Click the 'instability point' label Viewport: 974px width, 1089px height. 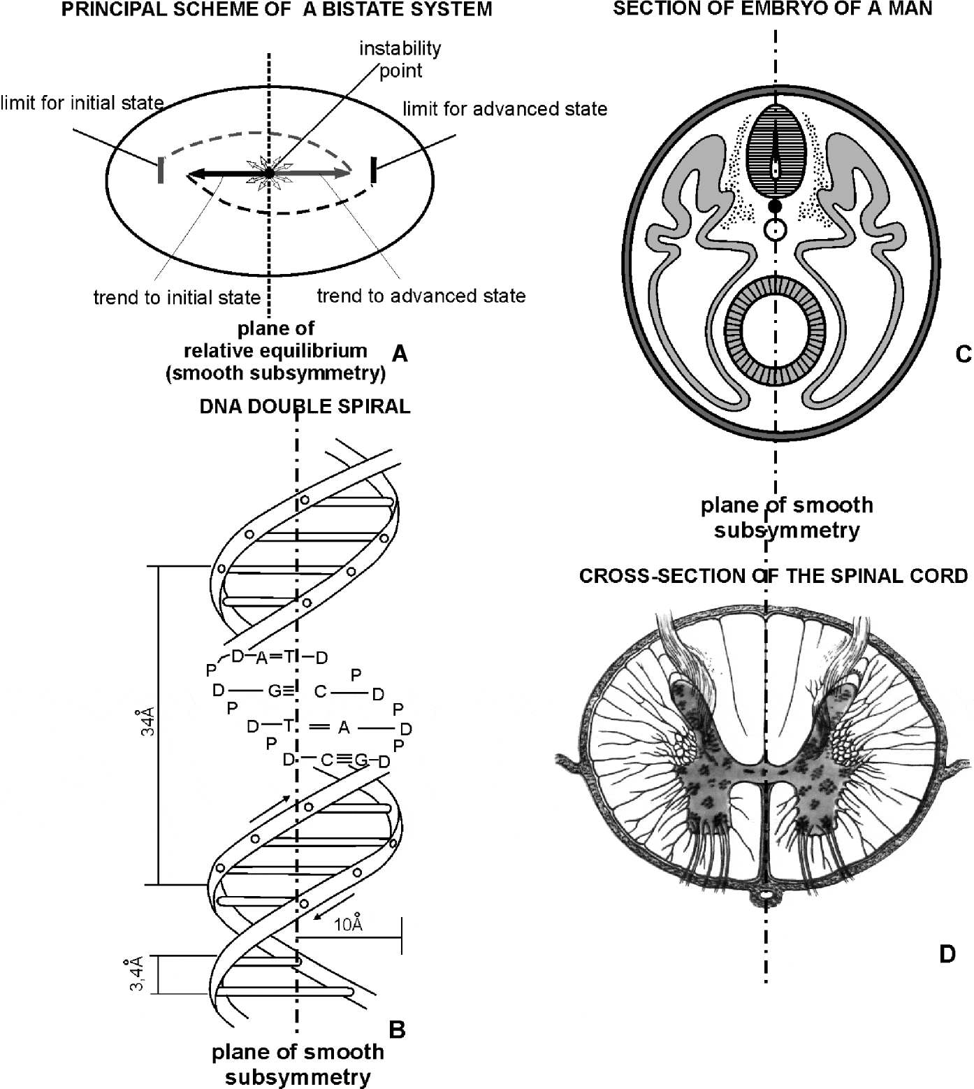click(x=400, y=59)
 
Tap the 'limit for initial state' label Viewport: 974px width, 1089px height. click(x=82, y=103)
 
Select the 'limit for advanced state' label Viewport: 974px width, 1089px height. click(x=504, y=109)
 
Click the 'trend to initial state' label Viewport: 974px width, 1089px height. click(x=177, y=298)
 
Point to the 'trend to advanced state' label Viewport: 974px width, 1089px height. click(x=421, y=296)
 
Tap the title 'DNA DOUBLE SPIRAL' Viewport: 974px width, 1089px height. click(x=305, y=407)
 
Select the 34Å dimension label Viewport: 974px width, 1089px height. click(x=147, y=721)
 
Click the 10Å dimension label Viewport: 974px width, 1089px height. click(x=348, y=925)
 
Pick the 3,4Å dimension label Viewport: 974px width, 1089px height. click(x=137, y=973)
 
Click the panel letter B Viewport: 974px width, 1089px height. click(x=397, y=1029)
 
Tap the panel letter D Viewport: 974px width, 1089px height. click(x=947, y=954)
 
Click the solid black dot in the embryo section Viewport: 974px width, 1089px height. click(x=774, y=207)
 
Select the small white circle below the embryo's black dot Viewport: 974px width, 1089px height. click(x=775, y=229)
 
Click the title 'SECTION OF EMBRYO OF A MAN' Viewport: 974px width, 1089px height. click(x=772, y=9)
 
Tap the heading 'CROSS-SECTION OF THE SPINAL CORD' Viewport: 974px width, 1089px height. click(x=773, y=576)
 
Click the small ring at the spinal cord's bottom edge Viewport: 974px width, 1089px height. click(x=766, y=895)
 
